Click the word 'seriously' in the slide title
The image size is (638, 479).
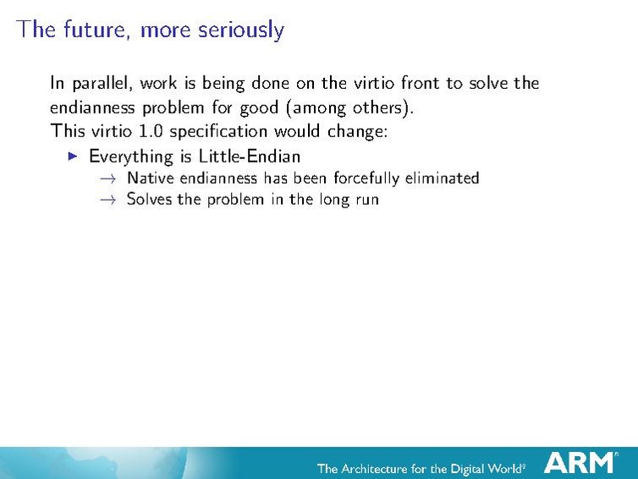(241, 30)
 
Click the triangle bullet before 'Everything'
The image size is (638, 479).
(73, 156)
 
